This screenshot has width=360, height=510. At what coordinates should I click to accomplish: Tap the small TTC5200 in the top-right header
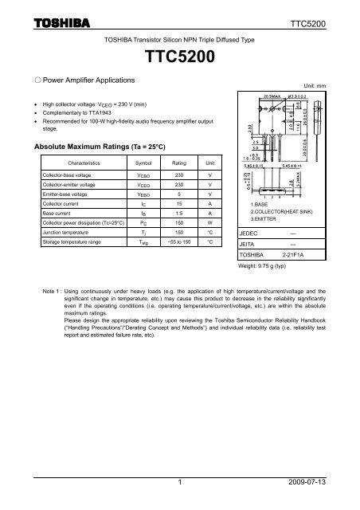330,24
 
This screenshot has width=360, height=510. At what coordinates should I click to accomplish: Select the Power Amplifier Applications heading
71,80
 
